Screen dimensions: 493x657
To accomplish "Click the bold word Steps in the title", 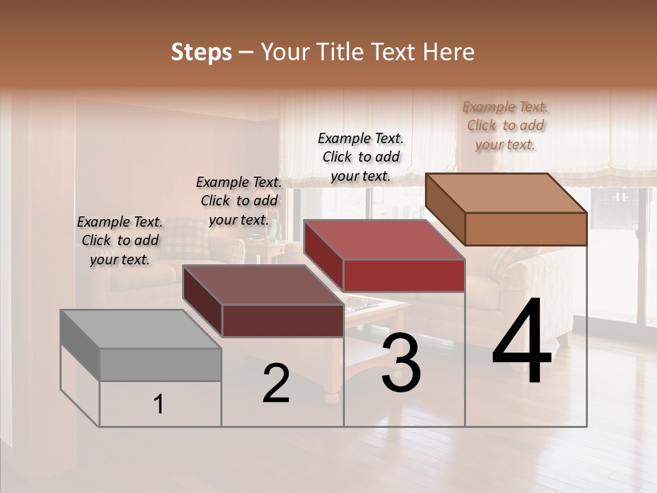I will point(201,52).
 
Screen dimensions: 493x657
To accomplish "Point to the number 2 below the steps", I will point(276,383).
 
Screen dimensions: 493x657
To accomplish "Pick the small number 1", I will point(159,405).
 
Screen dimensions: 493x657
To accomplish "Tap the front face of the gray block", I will point(160,364).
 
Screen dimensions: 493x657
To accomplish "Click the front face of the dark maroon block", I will point(283,320).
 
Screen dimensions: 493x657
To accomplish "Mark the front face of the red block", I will point(404,275).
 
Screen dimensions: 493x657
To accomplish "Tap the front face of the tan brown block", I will point(526,229).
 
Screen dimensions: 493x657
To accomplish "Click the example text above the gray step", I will point(120,241).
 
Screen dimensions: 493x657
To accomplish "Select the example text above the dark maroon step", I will point(239,201).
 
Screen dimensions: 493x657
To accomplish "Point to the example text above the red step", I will point(361,157).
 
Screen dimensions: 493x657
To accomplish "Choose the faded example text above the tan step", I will point(506,125).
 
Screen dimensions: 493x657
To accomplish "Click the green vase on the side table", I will point(274,232).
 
